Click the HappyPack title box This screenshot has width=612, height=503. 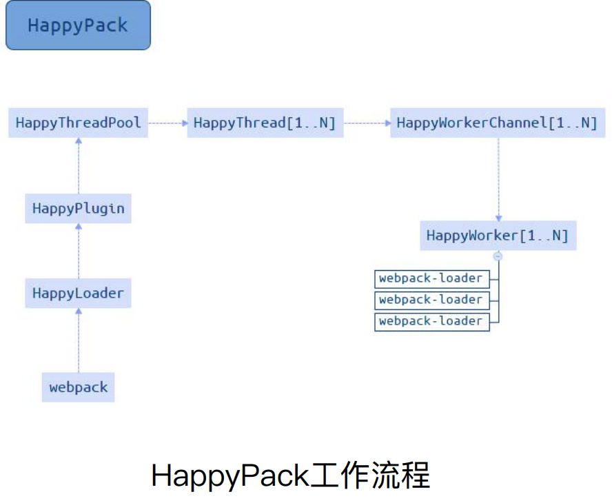click(x=78, y=25)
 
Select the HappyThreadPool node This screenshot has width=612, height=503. click(x=78, y=123)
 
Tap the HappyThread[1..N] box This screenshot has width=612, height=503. click(x=265, y=123)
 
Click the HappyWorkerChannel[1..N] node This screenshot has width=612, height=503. click(x=497, y=123)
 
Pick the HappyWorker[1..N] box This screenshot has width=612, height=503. click(x=498, y=236)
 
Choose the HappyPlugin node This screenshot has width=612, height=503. click(x=78, y=208)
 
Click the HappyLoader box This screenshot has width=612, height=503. click(x=78, y=293)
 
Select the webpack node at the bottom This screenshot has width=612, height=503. click(x=78, y=387)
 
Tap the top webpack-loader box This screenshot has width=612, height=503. click(x=431, y=278)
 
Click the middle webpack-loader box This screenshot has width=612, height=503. click(x=431, y=300)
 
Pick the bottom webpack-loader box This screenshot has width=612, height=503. click(x=431, y=321)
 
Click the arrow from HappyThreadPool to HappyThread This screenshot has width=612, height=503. click(x=167, y=123)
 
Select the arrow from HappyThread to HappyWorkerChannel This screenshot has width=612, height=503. click(x=367, y=123)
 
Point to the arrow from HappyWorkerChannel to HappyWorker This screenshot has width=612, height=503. click(x=498, y=179)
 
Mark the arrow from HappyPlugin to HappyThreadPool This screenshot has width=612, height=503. click(x=78, y=165)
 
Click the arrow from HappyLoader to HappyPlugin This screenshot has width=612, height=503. click(x=78, y=250)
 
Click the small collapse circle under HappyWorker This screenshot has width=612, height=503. click(x=498, y=256)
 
